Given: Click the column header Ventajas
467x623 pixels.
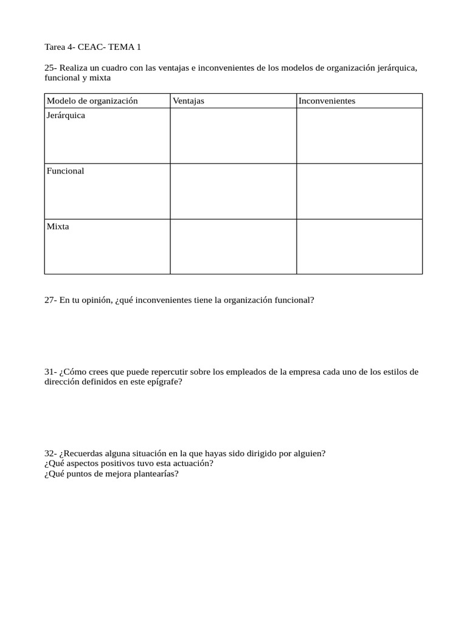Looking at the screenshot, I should [189, 101].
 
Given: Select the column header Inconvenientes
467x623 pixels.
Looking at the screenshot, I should [327, 101].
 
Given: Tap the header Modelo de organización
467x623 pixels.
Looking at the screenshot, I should [92, 101].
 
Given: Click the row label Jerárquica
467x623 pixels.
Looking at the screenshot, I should [66, 116].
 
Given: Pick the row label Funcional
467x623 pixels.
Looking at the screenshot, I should [66, 171].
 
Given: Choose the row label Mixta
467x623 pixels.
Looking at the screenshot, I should [58, 226].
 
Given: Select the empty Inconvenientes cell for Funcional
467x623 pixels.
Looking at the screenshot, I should [359, 191].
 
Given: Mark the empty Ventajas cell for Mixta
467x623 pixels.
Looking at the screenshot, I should [233, 246].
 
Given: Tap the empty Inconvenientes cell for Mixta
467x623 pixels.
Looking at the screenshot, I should [359, 246].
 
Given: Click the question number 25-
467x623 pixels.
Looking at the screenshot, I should [50, 68].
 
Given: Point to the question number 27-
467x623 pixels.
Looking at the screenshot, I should [50, 300].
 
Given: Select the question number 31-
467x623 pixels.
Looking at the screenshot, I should [50, 372].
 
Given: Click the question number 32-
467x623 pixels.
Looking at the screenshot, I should [50, 453].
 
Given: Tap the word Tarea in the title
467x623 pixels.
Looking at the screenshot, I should [56, 47].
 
